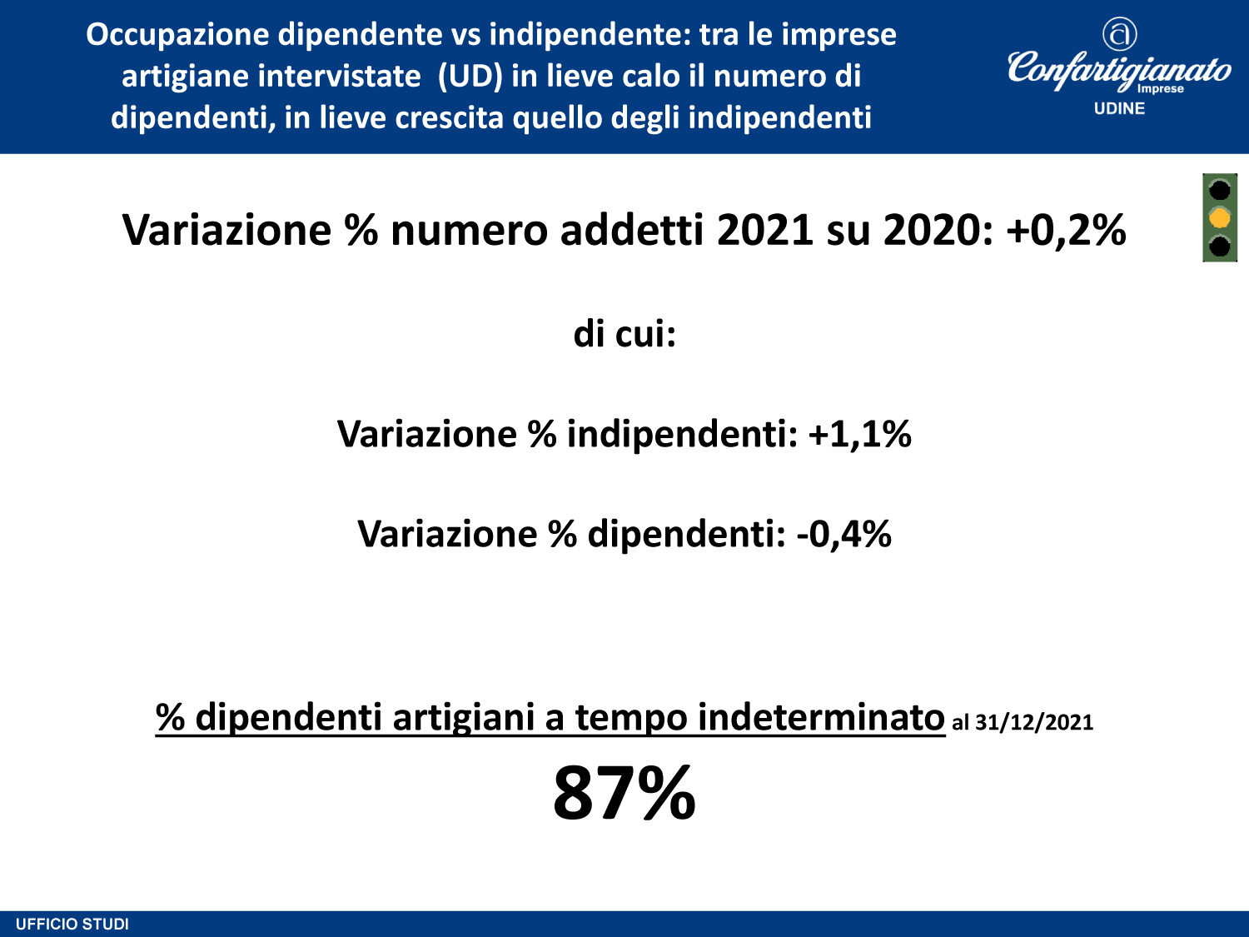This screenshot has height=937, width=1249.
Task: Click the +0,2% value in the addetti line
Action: pyautogui.click(x=1066, y=231)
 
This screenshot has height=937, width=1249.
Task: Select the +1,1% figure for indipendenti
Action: pyautogui.click(x=860, y=434)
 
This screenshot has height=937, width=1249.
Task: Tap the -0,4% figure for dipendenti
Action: pyautogui.click(x=844, y=534)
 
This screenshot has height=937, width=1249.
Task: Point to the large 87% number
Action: pyautogui.click(x=624, y=793)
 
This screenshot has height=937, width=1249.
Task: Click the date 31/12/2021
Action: pyautogui.click(x=1034, y=722)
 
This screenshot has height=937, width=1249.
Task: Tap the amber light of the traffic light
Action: pyautogui.click(x=1219, y=218)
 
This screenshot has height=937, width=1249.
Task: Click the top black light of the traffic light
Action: pyautogui.click(x=1219, y=189)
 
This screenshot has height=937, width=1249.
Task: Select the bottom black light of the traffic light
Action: pyautogui.click(x=1219, y=247)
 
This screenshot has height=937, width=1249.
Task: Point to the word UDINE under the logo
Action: pyautogui.click(x=1119, y=108)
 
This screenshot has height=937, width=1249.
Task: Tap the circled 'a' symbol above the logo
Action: pyautogui.click(x=1120, y=33)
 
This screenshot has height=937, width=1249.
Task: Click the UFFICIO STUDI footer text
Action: pyautogui.click(x=72, y=925)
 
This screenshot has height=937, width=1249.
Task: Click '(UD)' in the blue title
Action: pyautogui.click(x=470, y=77)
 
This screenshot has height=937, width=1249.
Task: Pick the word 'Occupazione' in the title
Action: pyautogui.click(x=177, y=35)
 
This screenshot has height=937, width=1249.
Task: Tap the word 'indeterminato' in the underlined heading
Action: pyautogui.click(x=821, y=717)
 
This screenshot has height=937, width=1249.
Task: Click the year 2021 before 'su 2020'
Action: pyautogui.click(x=764, y=231)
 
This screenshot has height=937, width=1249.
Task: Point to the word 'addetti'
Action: pyautogui.click(x=632, y=230)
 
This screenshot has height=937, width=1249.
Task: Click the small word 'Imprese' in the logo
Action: pyautogui.click(x=1160, y=89)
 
